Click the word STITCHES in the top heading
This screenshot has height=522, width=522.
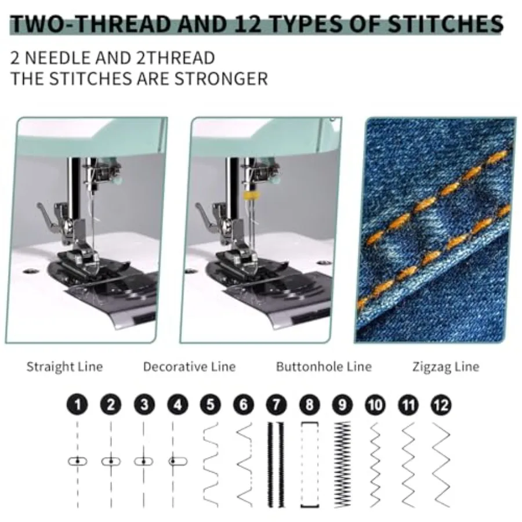[x=445, y=24]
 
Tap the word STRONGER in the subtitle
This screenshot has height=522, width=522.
[x=221, y=79]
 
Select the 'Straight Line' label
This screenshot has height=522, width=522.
[x=64, y=367]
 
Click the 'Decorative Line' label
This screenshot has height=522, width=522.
[x=190, y=367]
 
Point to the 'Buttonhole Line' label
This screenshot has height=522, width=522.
[x=324, y=367]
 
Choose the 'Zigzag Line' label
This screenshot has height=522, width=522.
[x=446, y=367]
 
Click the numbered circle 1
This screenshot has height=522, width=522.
[x=77, y=405]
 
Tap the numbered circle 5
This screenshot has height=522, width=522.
[x=211, y=405]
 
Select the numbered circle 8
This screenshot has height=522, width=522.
[x=310, y=405]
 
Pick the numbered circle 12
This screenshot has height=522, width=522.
[x=441, y=405]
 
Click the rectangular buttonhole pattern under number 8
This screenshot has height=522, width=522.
[x=310, y=465]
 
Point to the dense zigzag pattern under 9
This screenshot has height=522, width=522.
[x=343, y=465]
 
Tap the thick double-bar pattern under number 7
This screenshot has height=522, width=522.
[x=276, y=465]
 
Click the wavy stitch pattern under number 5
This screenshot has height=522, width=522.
[x=211, y=465]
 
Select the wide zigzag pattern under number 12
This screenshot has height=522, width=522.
[x=441, y=465]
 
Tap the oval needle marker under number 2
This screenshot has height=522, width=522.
[x=111, y=462]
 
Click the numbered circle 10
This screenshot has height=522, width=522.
[x=375, y=405]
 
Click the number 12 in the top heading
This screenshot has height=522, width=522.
[x=248, y=24]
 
